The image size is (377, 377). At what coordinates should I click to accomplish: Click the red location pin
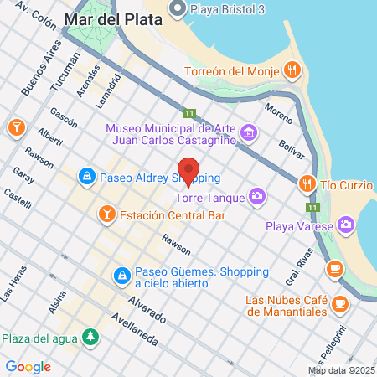pos(188,171)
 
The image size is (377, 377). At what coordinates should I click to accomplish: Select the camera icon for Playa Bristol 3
pos(177,9)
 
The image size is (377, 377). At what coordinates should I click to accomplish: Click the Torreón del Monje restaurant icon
pos(292,70)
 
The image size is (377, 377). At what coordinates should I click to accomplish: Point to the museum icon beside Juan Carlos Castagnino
pos(248,132)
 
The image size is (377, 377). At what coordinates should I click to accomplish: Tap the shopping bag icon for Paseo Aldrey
pos(86,177)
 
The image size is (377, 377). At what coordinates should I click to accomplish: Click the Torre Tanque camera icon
pos(256,197)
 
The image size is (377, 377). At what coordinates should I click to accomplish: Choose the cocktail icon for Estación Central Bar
pos(106,214)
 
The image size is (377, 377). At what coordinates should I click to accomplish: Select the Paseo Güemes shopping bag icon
pos(122,275)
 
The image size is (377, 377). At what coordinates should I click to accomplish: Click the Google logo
pos(28,366)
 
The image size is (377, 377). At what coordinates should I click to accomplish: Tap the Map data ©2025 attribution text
pos(340,370)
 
